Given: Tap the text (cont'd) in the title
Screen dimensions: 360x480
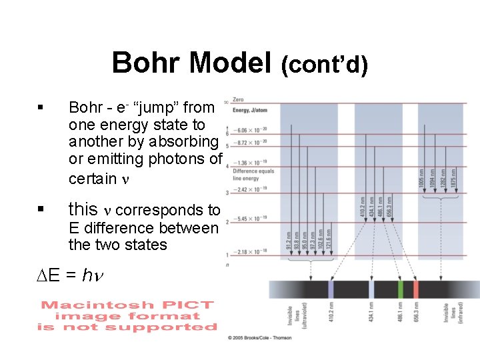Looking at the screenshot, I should point(324,65).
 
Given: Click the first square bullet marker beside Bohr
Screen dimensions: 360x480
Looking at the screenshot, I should point(41,107).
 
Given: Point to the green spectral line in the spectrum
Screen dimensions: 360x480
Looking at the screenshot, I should point(400,289).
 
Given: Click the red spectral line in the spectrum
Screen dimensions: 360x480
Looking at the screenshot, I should point(415,289).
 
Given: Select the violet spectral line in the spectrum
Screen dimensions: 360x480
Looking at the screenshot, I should point(331,289).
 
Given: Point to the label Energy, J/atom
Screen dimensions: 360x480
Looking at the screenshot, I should point(250,111).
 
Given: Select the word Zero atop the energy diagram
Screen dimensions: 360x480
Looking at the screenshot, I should point(238,100).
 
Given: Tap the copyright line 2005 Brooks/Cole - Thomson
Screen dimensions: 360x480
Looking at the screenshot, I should point(261,338).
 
